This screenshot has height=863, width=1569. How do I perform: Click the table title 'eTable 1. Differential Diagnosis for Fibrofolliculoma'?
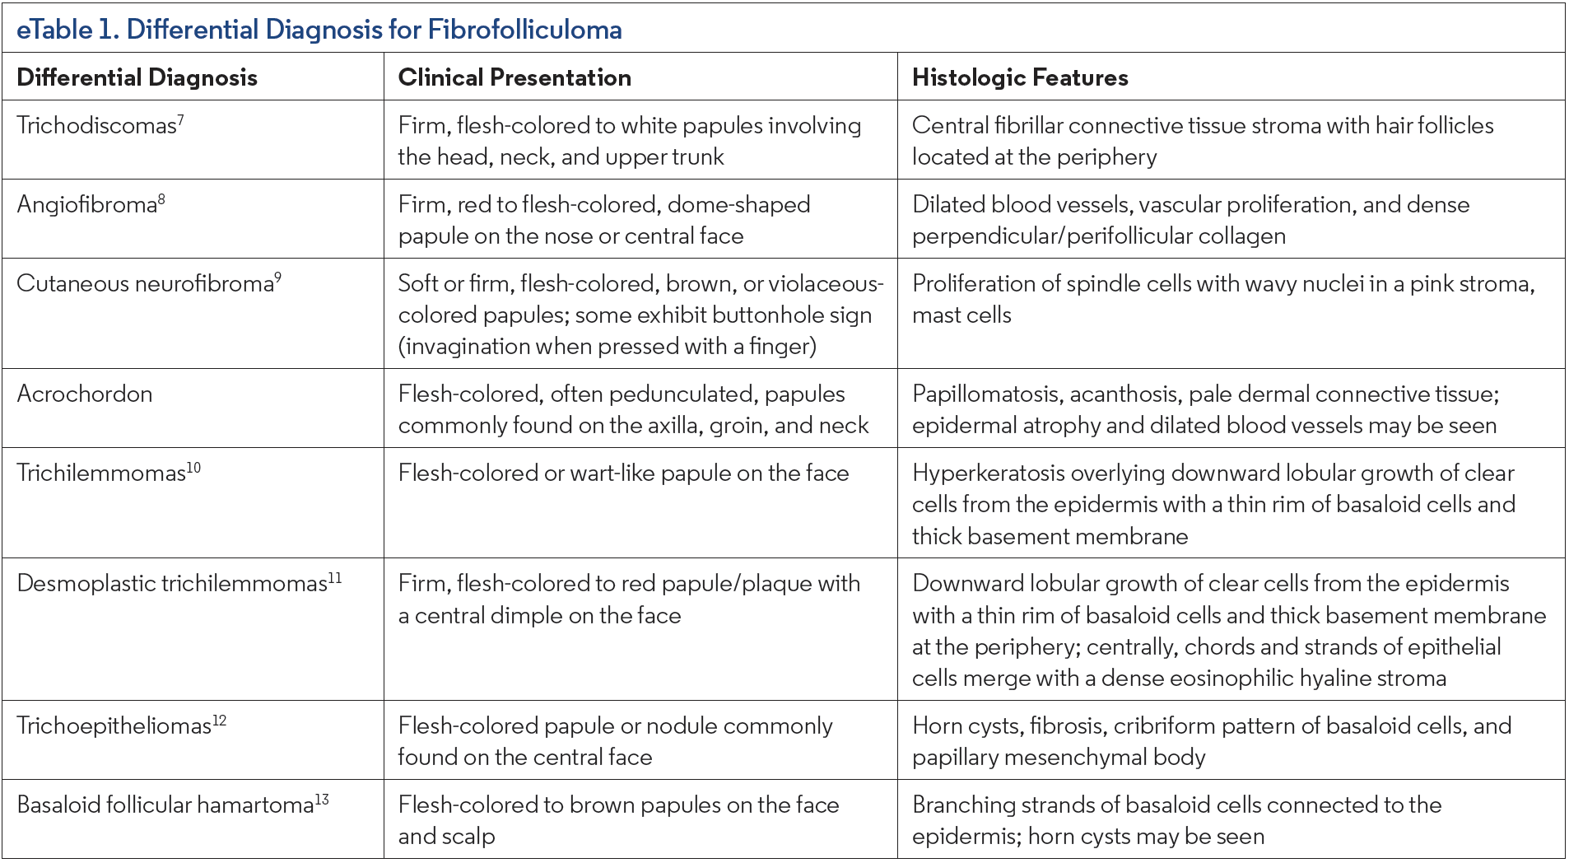[x=319, y=30]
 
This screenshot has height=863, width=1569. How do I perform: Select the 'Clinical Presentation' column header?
[x=514, y=77]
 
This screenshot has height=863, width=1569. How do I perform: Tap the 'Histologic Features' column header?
[x=1020, y=77]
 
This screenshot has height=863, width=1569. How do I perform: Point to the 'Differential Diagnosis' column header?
[x=137, y=77]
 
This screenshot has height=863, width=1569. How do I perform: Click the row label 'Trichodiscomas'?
[x=96, y=126]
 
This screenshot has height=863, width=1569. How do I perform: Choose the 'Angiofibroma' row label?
[x=86, y=205]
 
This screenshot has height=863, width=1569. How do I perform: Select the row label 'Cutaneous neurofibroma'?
[x=145, y=284]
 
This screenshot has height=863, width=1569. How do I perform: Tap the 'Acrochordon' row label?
[x=85, y=394]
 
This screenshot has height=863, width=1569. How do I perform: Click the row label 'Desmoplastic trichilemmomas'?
[x=172, y=584]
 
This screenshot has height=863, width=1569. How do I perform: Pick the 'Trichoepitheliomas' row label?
[x=114, y=726]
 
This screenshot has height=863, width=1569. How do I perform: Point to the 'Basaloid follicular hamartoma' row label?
[x=165, y=805]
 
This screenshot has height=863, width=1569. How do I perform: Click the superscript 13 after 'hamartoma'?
[x=322, y=800]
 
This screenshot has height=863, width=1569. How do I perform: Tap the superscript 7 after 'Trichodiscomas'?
[x=180, y=120]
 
